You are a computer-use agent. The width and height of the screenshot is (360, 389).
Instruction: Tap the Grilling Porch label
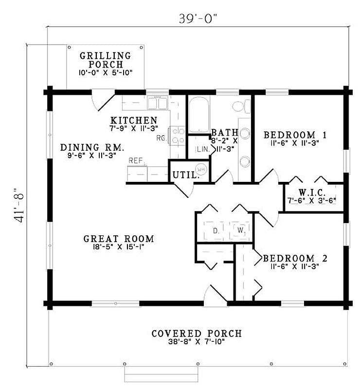click(105, 60)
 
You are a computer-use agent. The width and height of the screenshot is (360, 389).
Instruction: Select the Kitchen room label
click(133, 120)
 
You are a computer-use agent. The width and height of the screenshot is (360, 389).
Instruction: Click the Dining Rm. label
click(92, 147)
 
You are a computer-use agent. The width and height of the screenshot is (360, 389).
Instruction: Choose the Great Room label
click(119, 239)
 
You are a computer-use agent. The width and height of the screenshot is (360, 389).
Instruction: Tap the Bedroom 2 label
click(295, 258)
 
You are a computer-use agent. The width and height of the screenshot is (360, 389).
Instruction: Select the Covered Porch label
click(196, 334)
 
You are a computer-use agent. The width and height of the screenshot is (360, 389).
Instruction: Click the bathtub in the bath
click(198, 116)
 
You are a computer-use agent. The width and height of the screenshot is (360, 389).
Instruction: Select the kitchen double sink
click(158, 104)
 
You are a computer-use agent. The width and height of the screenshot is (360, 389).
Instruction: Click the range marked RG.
click(177, 136)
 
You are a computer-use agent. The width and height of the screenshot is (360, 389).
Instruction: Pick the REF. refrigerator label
click(135, 160)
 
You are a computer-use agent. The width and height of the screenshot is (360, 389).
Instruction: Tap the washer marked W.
click(241, 229)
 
